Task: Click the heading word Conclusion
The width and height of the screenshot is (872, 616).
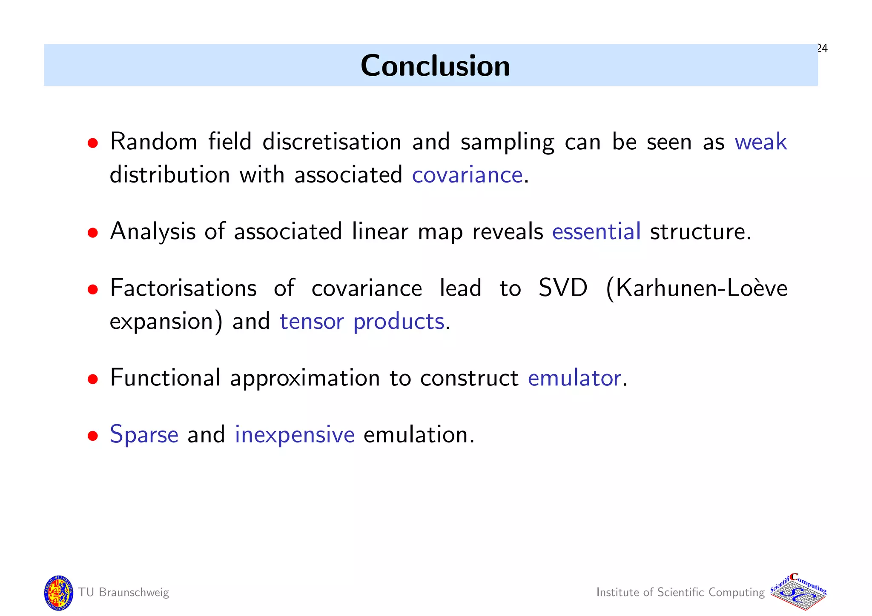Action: click(435, 66)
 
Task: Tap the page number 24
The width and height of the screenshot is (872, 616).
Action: click(822, 48)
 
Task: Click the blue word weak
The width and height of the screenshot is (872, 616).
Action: click(760, 142)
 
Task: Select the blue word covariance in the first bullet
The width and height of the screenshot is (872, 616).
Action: click(467, 175)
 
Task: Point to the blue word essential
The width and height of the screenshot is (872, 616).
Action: click(596, 231)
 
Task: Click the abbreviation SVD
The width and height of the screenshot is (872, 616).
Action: click(562, 288)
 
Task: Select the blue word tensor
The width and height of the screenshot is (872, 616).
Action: click(311, 321)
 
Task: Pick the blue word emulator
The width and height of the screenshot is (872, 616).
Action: click(574, 378)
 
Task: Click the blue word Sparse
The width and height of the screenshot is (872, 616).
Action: click(144, 435)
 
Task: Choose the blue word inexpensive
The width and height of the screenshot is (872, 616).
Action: click(295, 435)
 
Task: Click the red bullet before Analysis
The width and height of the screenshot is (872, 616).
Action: click(93, 233)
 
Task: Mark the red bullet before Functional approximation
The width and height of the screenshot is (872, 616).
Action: click(93, 379)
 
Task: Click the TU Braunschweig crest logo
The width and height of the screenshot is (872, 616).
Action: click(58, 593)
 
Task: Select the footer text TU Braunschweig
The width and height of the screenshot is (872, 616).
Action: click(123, 592)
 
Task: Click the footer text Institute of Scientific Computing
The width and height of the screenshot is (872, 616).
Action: click(680, 592)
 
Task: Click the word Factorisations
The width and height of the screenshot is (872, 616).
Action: click(183, 288)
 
